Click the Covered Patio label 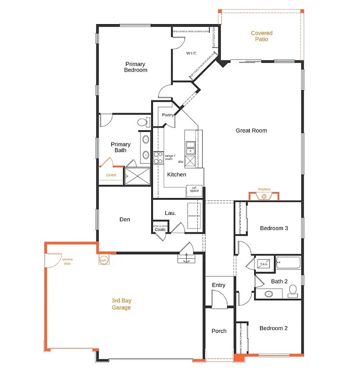click(261, 36)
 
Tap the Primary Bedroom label click(135, 67)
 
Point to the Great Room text click(251, 131)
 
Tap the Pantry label click(168, 115)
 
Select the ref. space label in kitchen click(194, 189)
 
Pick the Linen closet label click(111, 175)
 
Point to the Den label click(125, 220)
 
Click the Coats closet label click(160, 229)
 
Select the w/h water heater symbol click(103, 261)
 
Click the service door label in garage click(67, 261)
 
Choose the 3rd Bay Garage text click(121, 304)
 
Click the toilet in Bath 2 click(292, 290)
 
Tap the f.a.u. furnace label click(264, 264)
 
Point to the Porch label click(219, 331)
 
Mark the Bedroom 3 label click(274, 228)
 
